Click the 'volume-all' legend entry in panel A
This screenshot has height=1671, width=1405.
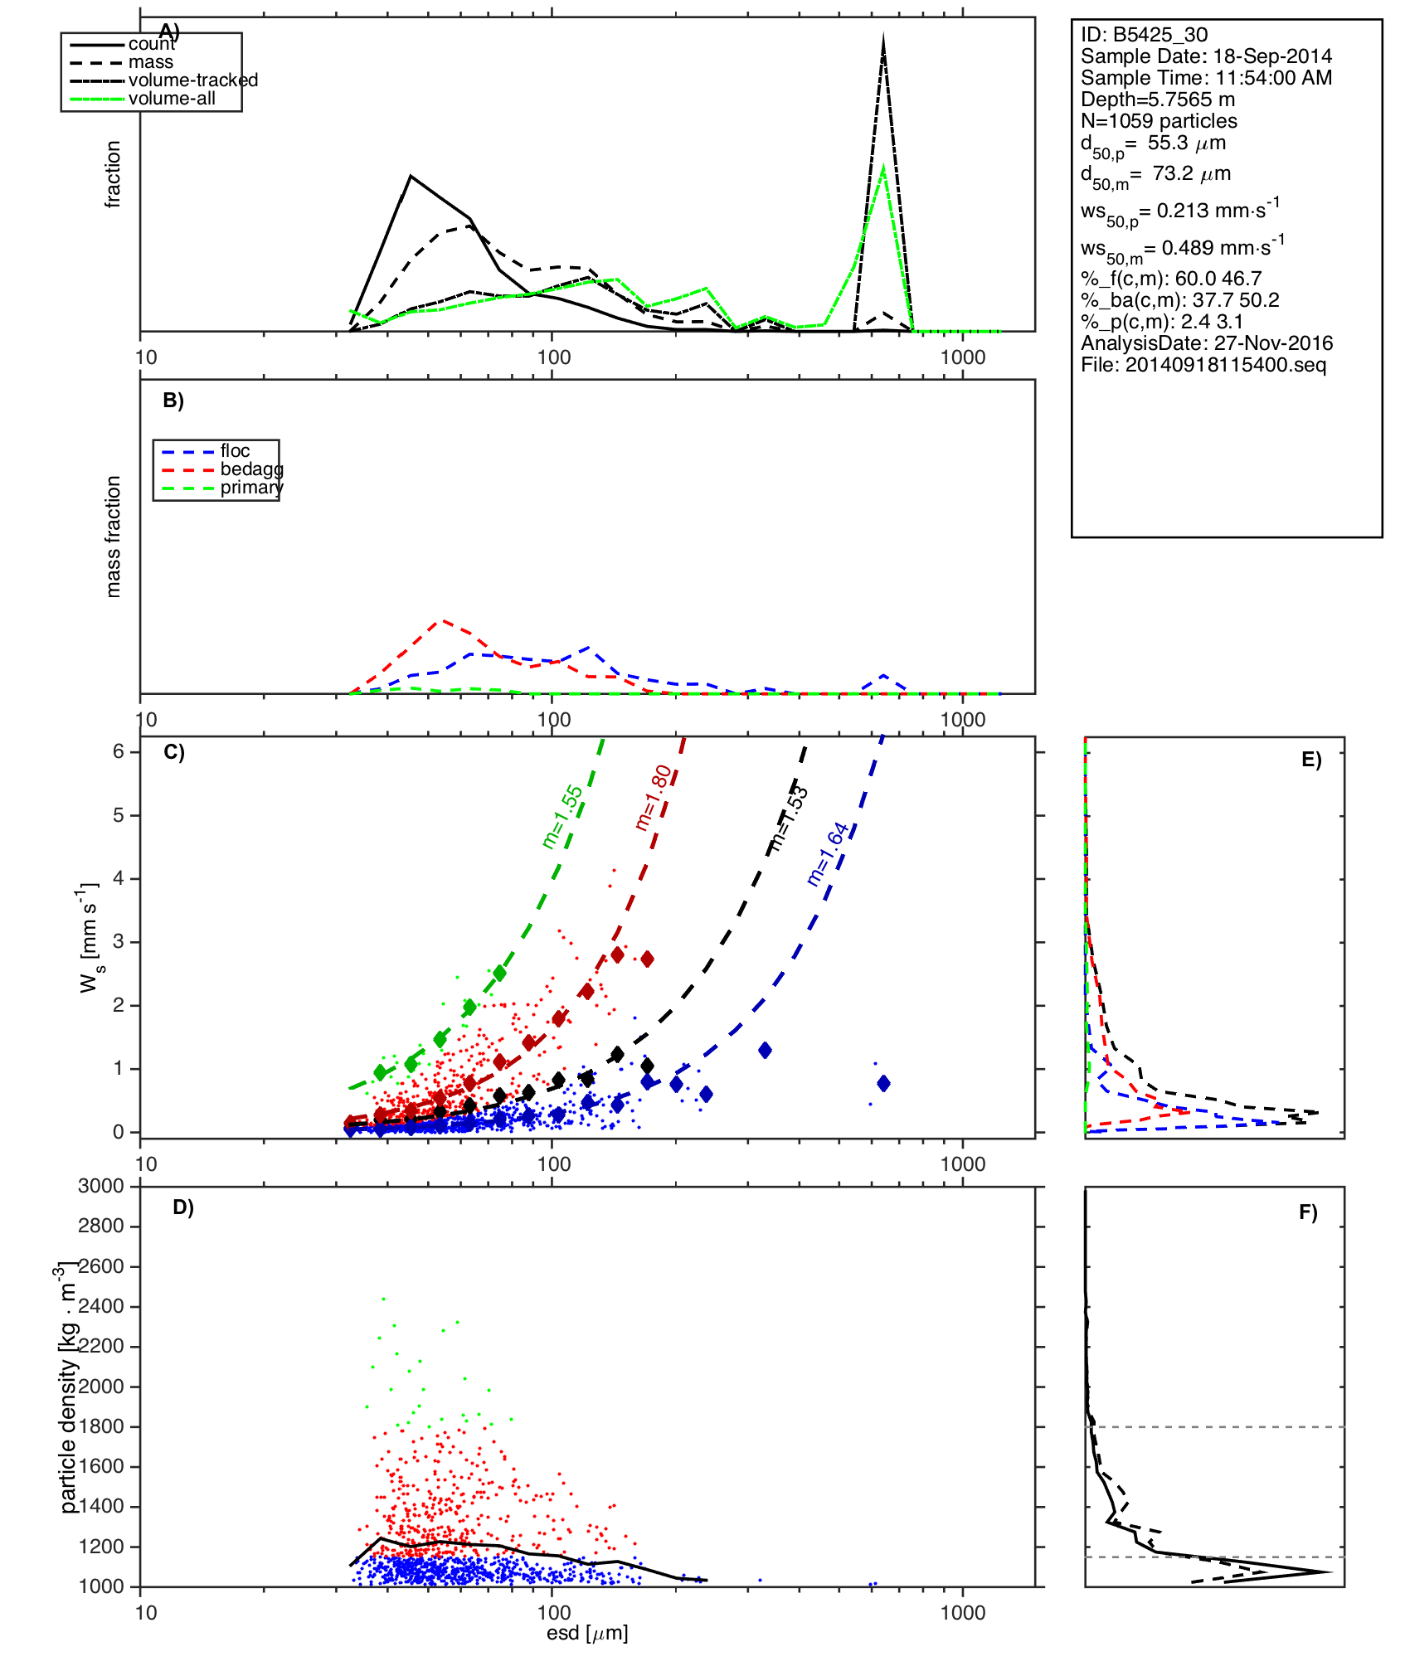(172, 99)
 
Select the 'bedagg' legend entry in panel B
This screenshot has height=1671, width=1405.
(251, 469)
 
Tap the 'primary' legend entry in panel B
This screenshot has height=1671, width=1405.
(251, 488)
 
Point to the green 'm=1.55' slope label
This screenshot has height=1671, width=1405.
(562, 817)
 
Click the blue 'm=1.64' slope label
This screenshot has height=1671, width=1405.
(828, 854)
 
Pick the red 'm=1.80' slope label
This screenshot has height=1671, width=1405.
(654, 798)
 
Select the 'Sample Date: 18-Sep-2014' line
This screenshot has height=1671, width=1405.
(1206, 56)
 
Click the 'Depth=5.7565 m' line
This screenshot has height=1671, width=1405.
(1158, 100)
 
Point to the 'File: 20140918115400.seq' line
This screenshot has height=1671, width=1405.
(1203, 365)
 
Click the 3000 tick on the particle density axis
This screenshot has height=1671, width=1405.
(101, 1186)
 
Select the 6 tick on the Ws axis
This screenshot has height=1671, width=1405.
(119, 751)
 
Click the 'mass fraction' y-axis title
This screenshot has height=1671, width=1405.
(114, 537)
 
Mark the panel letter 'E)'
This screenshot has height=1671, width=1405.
(1311, 760)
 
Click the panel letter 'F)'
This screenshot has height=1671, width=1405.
(1308, 1213)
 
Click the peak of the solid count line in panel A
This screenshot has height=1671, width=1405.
(411, 176)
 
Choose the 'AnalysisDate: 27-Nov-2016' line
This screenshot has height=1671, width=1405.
(1207, 343)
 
